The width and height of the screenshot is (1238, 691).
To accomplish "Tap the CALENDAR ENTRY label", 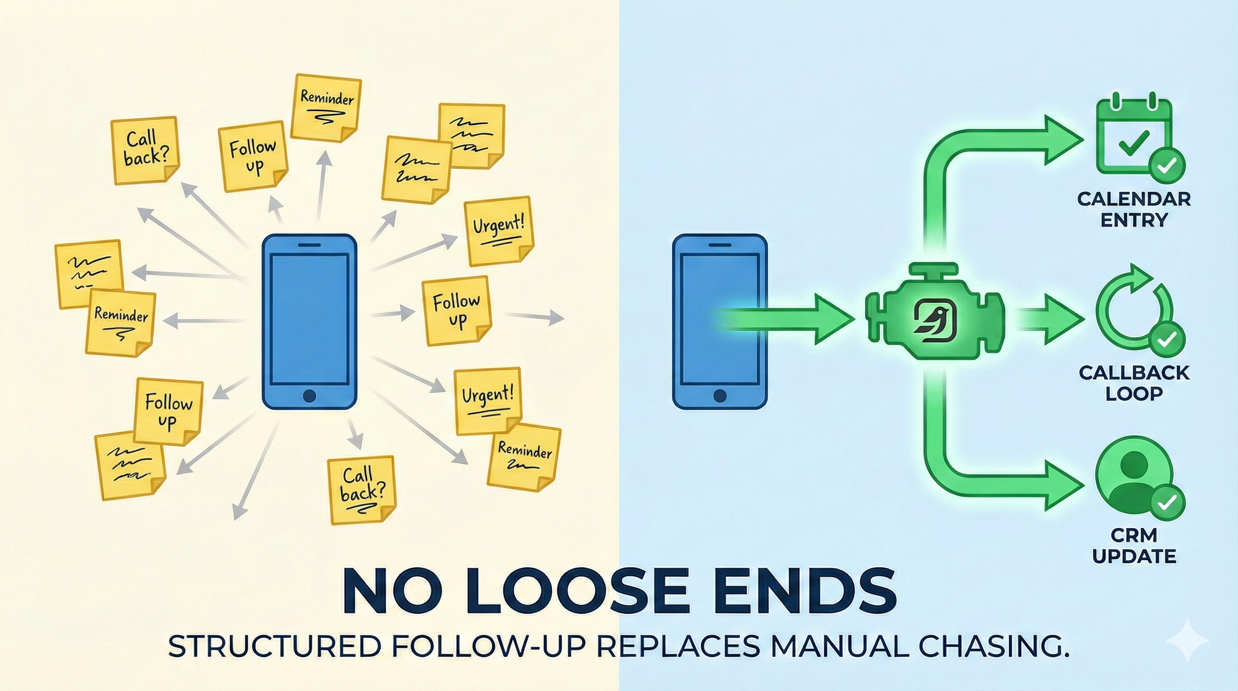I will [1134, 209].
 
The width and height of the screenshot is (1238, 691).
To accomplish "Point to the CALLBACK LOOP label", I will [1134, 382].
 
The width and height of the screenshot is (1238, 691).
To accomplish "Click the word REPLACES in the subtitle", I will [677, 646].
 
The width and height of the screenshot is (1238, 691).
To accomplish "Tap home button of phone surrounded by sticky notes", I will [309, 396].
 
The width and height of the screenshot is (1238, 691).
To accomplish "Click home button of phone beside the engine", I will [719, 396].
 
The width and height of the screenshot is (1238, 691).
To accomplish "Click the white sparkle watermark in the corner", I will [1187, 641].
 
